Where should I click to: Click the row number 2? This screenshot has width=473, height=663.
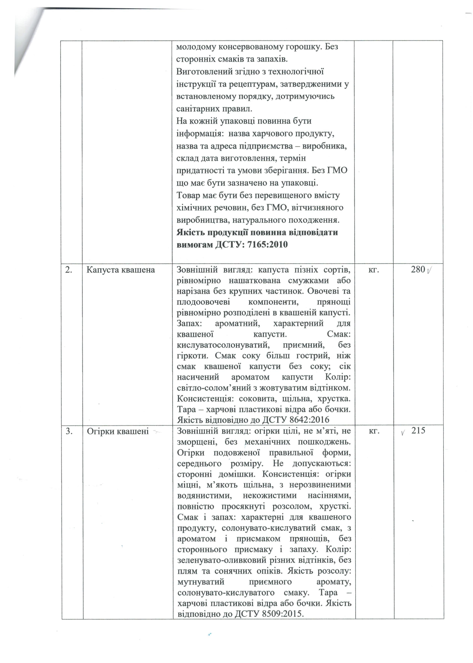[x=69, y=270]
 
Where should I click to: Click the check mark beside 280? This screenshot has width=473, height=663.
[x=429, y=271]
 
